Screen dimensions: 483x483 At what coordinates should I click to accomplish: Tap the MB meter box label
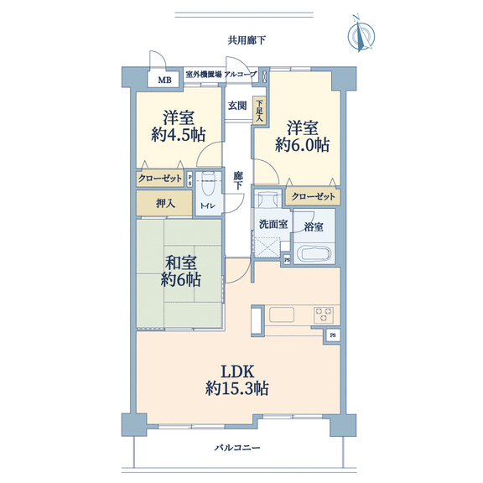(165, 80)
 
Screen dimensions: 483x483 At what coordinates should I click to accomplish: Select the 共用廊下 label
(247, 40)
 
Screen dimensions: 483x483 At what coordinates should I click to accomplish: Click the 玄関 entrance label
(237, 106)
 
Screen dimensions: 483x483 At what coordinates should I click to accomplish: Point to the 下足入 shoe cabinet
(259, 111)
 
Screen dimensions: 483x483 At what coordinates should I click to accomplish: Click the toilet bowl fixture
(208, 184)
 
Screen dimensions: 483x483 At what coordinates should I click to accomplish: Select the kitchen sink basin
(282, 314)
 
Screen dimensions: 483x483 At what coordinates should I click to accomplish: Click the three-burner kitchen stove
(324, 314)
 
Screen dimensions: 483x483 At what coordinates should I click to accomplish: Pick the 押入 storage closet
(164, 203)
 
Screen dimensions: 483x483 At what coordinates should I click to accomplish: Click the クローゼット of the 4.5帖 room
(160, 178)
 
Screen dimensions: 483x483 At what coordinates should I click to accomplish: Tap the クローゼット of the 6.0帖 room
(313, 196)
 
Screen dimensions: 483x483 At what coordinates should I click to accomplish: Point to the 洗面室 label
(273, 224)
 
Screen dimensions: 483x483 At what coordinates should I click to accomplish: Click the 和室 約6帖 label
(181, 272)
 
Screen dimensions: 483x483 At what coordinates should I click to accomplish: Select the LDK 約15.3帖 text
(236, 380)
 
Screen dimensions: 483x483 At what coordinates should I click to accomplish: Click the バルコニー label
(237, 448)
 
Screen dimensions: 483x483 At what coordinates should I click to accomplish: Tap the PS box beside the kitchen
(333, 335)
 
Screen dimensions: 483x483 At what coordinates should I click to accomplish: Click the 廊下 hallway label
(238, 181)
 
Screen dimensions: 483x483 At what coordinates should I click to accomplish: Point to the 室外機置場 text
(204, 75)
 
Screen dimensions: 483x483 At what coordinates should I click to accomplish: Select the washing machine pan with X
(267, 247)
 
